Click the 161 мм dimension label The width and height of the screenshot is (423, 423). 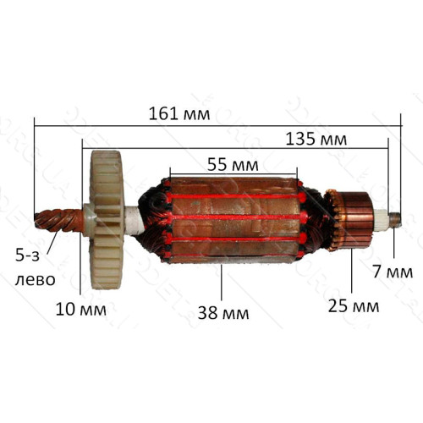(179, 114)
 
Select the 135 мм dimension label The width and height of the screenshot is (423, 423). (316, 139)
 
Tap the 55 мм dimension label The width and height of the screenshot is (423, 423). (233, 165)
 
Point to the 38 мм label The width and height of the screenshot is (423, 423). (223, 313)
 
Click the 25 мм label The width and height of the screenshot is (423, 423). (354, 306)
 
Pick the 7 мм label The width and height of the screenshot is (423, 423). (393, 272)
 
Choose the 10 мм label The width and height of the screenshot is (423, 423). (81, 310)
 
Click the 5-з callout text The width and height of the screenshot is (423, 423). (27, 255)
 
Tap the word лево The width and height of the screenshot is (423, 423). (35, 280)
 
